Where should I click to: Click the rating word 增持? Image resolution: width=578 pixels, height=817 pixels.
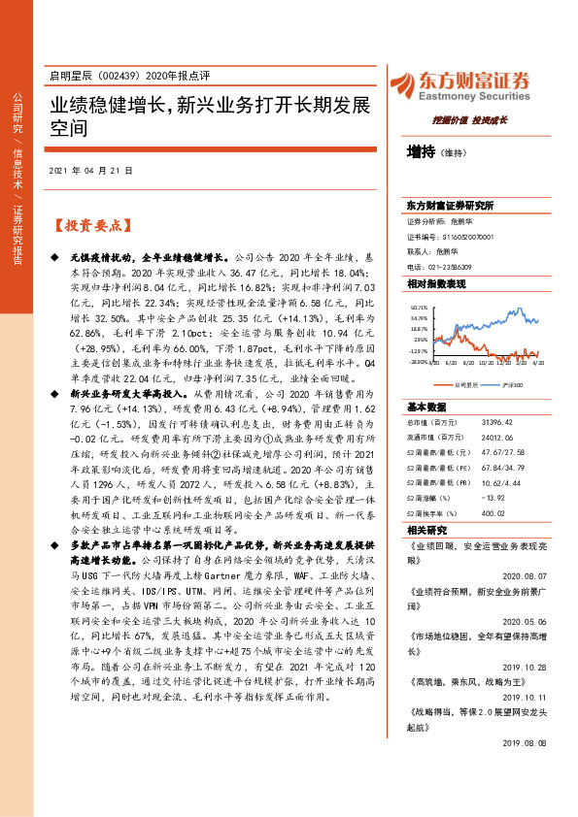[422, 151]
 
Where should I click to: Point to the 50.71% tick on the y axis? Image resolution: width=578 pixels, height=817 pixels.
[419, 306]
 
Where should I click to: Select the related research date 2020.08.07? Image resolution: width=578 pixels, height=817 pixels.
[526, 573]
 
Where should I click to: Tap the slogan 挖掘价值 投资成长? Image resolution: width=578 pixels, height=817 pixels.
[470, 120]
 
